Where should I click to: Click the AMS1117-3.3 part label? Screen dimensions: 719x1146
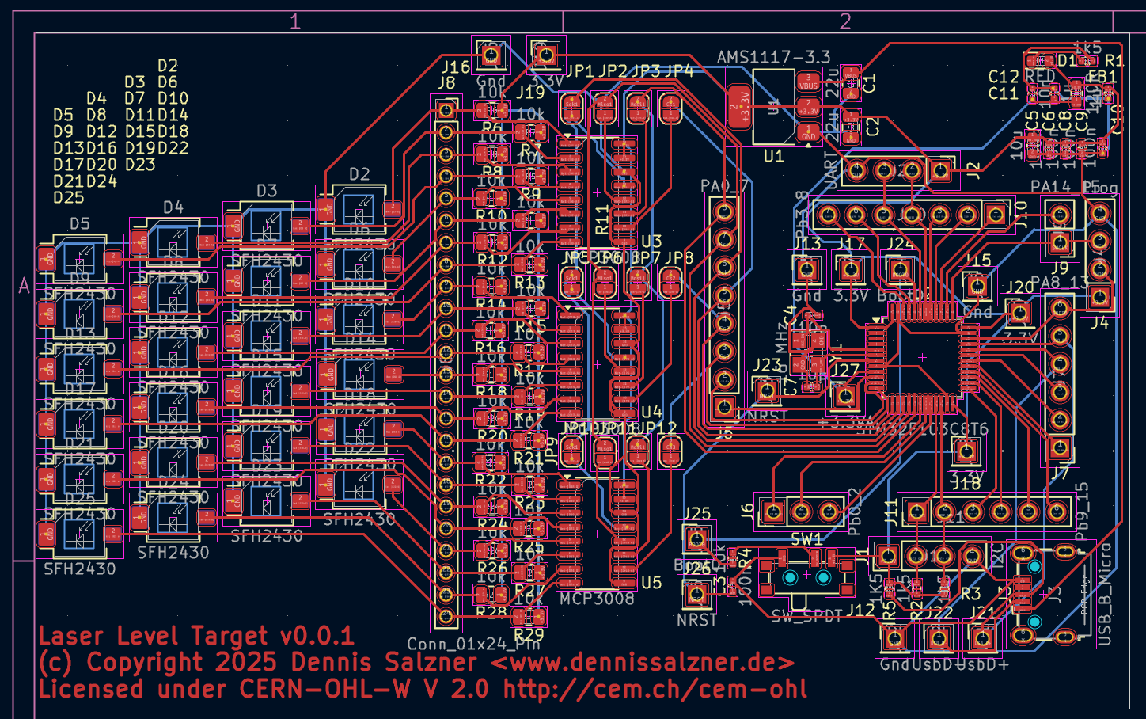(x=773, y=57)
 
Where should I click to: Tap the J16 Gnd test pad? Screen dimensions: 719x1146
(x=491, y=55)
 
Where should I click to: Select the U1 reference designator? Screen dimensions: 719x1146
(x=773, y=156)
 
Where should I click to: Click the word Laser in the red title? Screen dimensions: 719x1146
(x=74, y=635)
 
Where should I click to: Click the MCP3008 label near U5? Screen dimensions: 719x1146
(x=597, y=599)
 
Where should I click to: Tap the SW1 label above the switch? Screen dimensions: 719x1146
(x=806, y=539)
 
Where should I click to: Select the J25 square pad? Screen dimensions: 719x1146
(x=696, y=539)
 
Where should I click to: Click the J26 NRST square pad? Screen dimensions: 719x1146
(x=696, y=593)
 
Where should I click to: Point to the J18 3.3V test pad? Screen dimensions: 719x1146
(x=965, y=452)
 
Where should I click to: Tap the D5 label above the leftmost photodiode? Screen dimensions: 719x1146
(x=79, y=223)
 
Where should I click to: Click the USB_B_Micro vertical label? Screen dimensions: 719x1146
(x=1106, y=594)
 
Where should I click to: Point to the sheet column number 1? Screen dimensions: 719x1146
(x=295, y=21)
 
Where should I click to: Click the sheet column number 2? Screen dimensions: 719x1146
(x=845, y=21)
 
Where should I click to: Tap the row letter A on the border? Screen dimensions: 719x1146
(x=24, y=286)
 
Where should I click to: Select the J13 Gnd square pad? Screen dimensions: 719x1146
(x=806, y=269)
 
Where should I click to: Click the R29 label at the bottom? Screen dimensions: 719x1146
(x=529, y=634)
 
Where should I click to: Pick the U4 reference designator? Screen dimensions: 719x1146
(x=651, y=412)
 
